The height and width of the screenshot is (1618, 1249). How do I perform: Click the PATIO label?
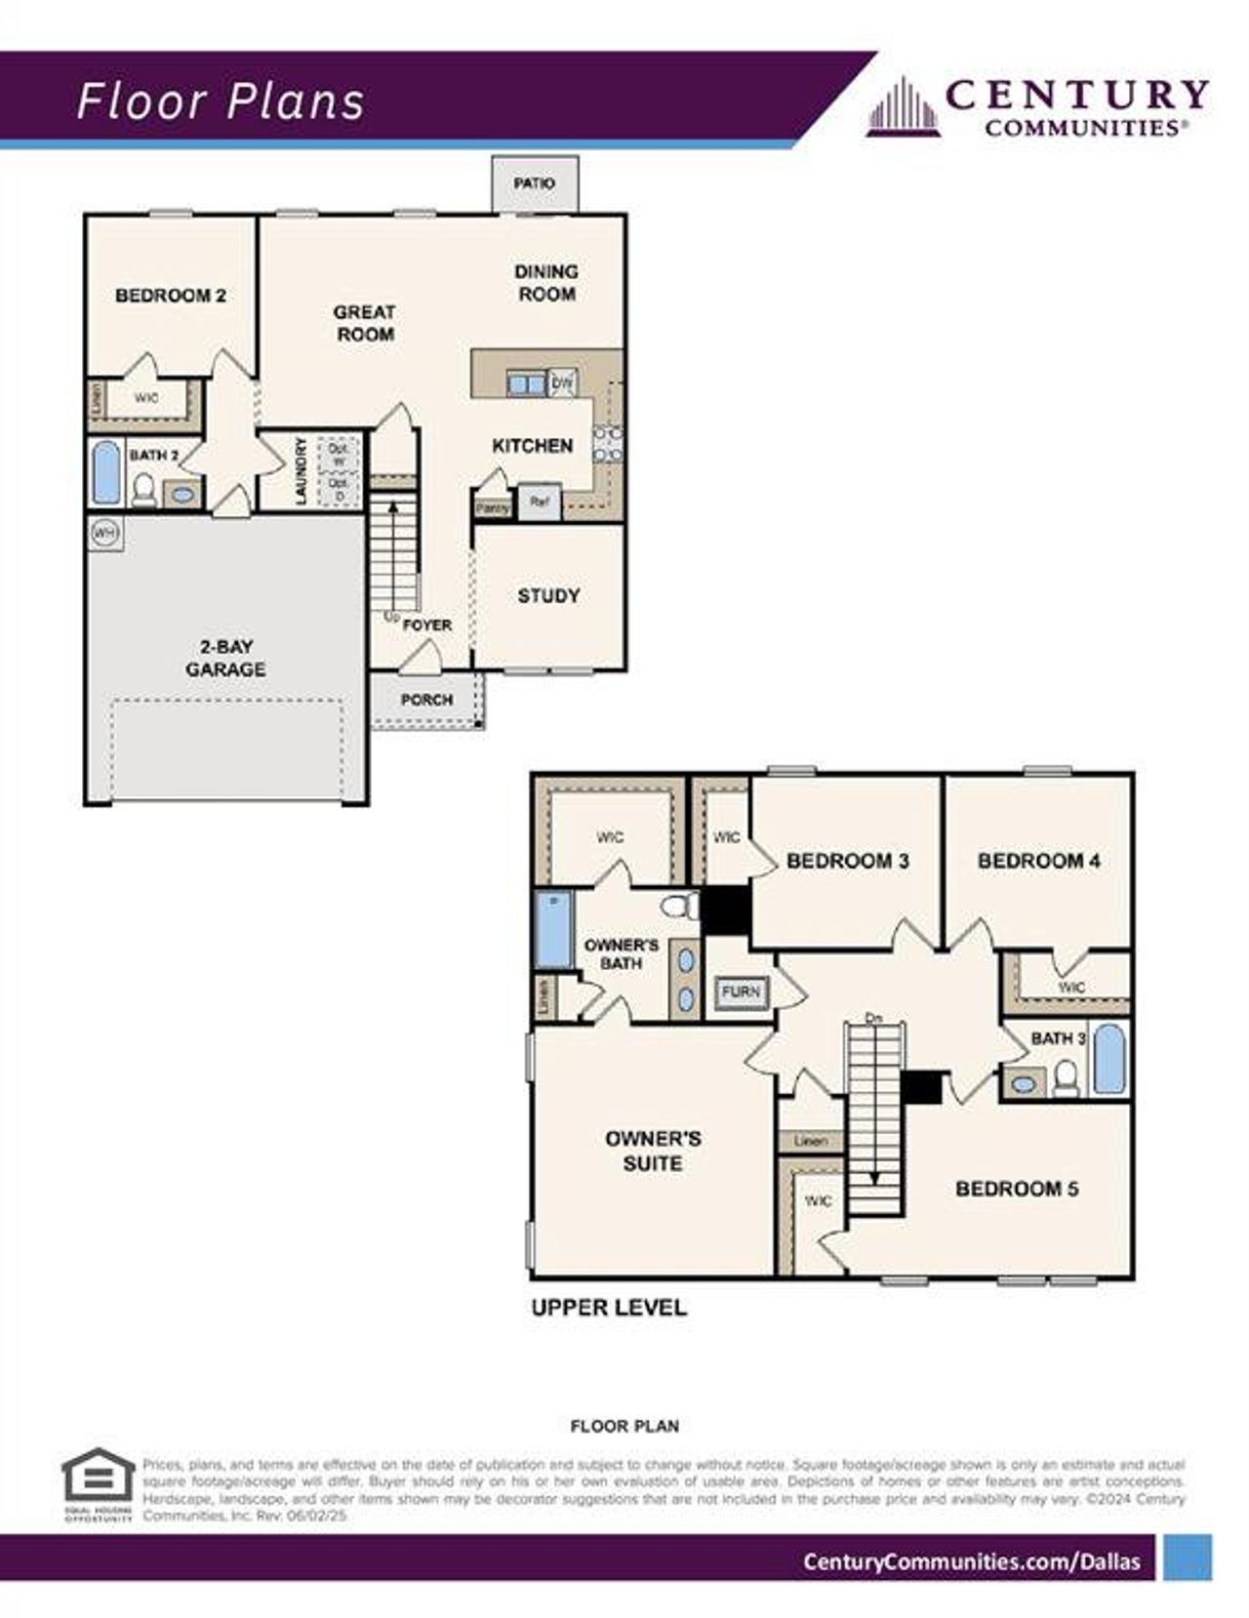point(534,183)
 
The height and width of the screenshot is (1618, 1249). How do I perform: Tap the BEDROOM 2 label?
point(171,295)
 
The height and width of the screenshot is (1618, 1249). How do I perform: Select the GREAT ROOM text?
point(364,323)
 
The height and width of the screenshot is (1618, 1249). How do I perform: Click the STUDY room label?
point(548,595)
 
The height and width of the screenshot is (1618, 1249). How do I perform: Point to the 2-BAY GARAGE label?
point(225,658)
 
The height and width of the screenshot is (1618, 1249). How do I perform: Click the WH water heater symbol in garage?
point(104,534)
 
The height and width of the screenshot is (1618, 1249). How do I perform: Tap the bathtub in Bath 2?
point(106,474)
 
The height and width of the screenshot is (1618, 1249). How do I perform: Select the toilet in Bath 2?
point(144,488)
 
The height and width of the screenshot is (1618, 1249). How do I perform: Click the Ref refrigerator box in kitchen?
point(539,502)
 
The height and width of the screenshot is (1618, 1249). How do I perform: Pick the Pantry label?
point(493,508)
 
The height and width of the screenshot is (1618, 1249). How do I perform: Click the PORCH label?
point(426,700)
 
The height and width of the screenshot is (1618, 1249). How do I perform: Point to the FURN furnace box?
point(741,992)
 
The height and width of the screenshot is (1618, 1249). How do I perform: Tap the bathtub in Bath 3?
point(1108,1059)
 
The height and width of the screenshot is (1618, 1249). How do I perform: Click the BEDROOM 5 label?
point(1017,1189)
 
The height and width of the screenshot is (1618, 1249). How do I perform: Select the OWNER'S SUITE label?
point(653,1151)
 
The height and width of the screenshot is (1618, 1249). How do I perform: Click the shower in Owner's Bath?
point(554,929)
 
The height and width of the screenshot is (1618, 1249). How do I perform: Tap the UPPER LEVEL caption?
point(609,1308)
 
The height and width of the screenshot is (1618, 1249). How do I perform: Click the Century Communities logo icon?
point(904,106)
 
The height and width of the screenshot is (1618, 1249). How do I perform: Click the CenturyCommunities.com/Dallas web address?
point(971,1561)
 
